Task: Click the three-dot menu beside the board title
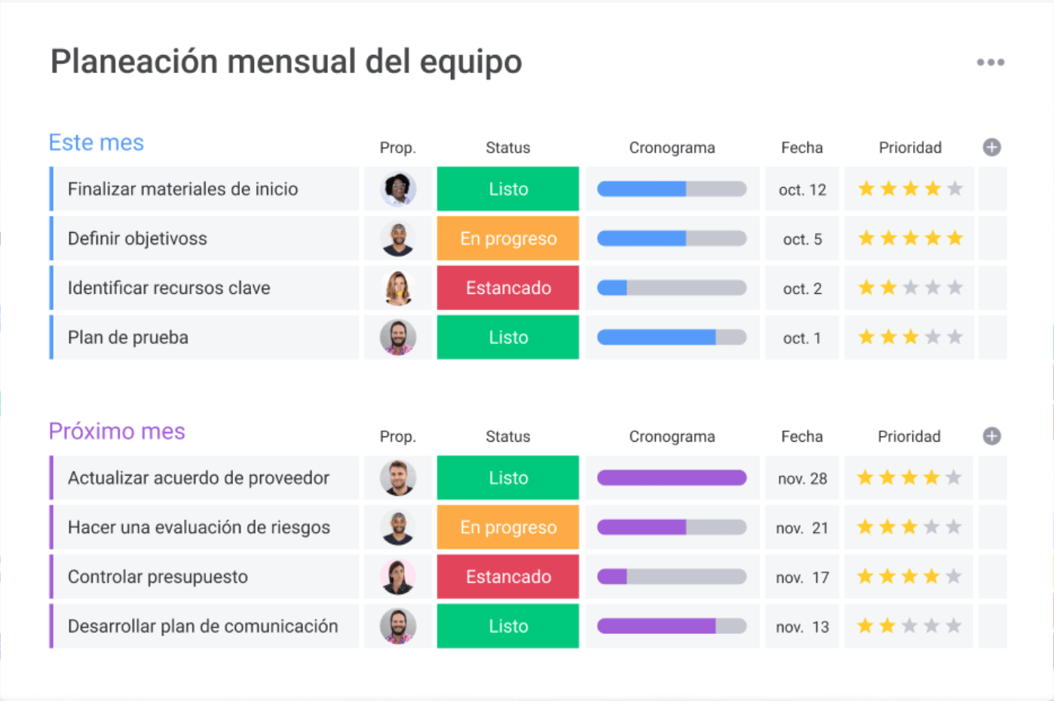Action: [x=991, y=63]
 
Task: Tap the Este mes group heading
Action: [x=97, y=142]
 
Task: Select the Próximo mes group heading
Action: [x=117, y=431]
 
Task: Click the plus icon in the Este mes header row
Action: [x=992, y=148]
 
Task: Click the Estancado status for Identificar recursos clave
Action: [x=508, y=288]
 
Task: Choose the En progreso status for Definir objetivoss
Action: [x=508, y=239]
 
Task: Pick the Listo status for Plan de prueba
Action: [x=508, y=338]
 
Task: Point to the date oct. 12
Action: [x=802, y=190]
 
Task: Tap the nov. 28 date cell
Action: [x=802, y=479]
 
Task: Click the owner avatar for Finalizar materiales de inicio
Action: [x=398, y=189]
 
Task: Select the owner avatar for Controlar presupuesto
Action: [x=398, y=577]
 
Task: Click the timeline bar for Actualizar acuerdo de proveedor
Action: [x=672, y=478]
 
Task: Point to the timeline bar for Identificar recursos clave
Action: [x=672, y=288]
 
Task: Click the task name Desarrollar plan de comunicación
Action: [x=203, y=626]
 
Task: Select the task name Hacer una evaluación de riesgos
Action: [x=199, y=528]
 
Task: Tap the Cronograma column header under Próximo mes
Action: [x=672, y=436]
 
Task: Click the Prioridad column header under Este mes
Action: [x=910, y=148]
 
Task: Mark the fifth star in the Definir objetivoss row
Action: [x=955, y=239]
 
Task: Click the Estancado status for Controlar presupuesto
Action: [x=508, y=577]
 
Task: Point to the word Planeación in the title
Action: [x=134, y=62]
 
